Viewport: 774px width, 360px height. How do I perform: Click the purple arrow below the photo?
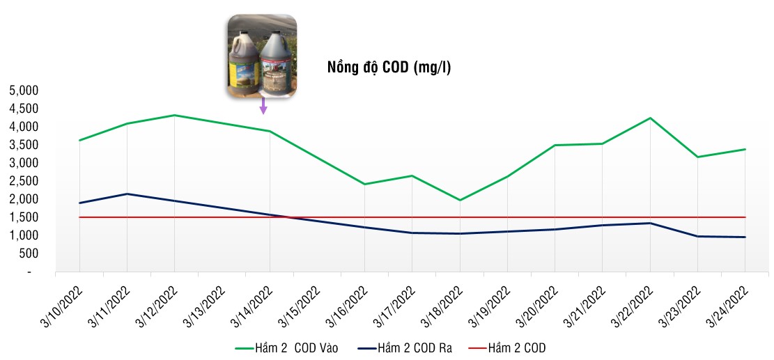(x=263, y=106)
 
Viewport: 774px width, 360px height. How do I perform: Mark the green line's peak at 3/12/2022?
(x=174, y=115)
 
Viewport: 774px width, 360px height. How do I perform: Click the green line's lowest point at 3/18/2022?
(x=460, y=200)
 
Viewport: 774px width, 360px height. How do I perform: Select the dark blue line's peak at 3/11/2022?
(x=127, y=194)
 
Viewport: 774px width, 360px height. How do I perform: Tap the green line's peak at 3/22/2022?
(x=650, y=118)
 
